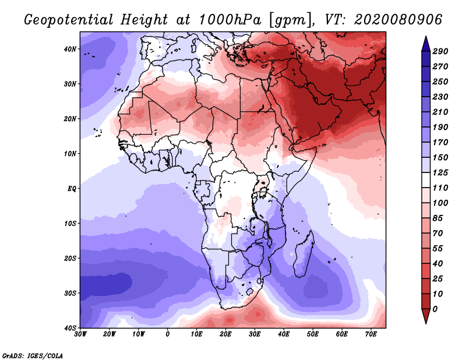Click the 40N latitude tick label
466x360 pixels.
point(70,49)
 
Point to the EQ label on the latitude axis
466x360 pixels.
point(72,189)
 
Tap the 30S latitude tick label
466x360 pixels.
point(70,294)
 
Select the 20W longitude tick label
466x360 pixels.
point(110,334)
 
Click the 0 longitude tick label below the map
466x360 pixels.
point(168,334)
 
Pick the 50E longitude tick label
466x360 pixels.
point(313,334)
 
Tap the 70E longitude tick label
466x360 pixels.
point(371,334)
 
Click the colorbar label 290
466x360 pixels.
point(440,51)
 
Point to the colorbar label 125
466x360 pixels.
point(440,172)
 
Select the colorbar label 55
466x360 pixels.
point(438,249)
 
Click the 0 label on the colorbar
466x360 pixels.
point(435,309)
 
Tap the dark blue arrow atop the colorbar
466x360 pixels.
point(426,44)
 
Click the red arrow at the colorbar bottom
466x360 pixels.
point(426,316)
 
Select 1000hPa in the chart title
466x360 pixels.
point(230,20)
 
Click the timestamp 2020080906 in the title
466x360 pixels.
point(398,20)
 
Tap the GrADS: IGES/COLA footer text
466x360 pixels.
point(33,355)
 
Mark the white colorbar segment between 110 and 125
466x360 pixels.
point(426,180)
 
